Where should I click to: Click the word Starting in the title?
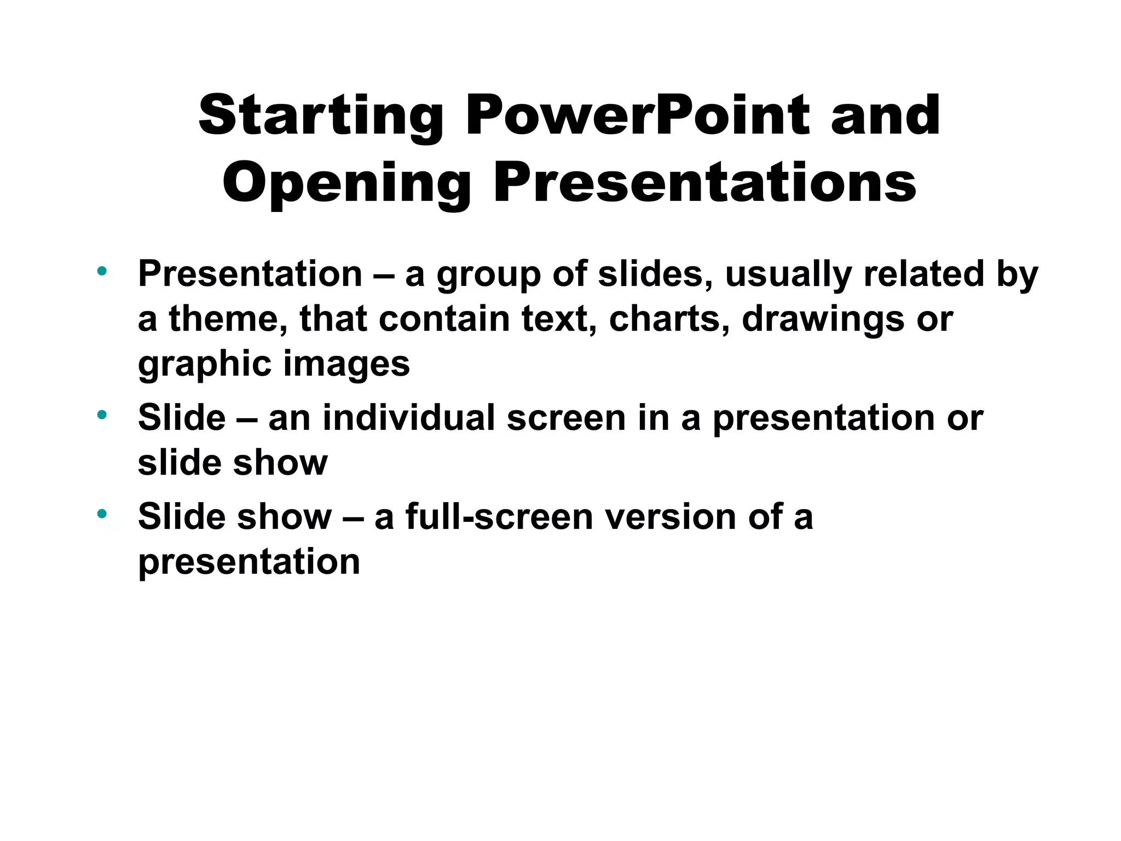(x=320, y=116)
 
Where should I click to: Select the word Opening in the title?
(x=346, y=183)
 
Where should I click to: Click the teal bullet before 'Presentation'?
(x=102, y=270)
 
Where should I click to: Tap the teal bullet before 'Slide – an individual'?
(x=102, y=414)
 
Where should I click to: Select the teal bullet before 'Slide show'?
(x=102, y=514)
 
